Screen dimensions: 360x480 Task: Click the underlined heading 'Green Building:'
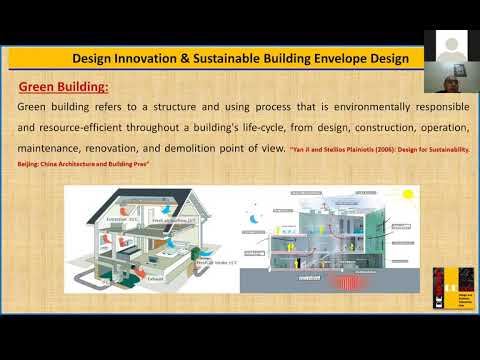[x=64, y=87]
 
